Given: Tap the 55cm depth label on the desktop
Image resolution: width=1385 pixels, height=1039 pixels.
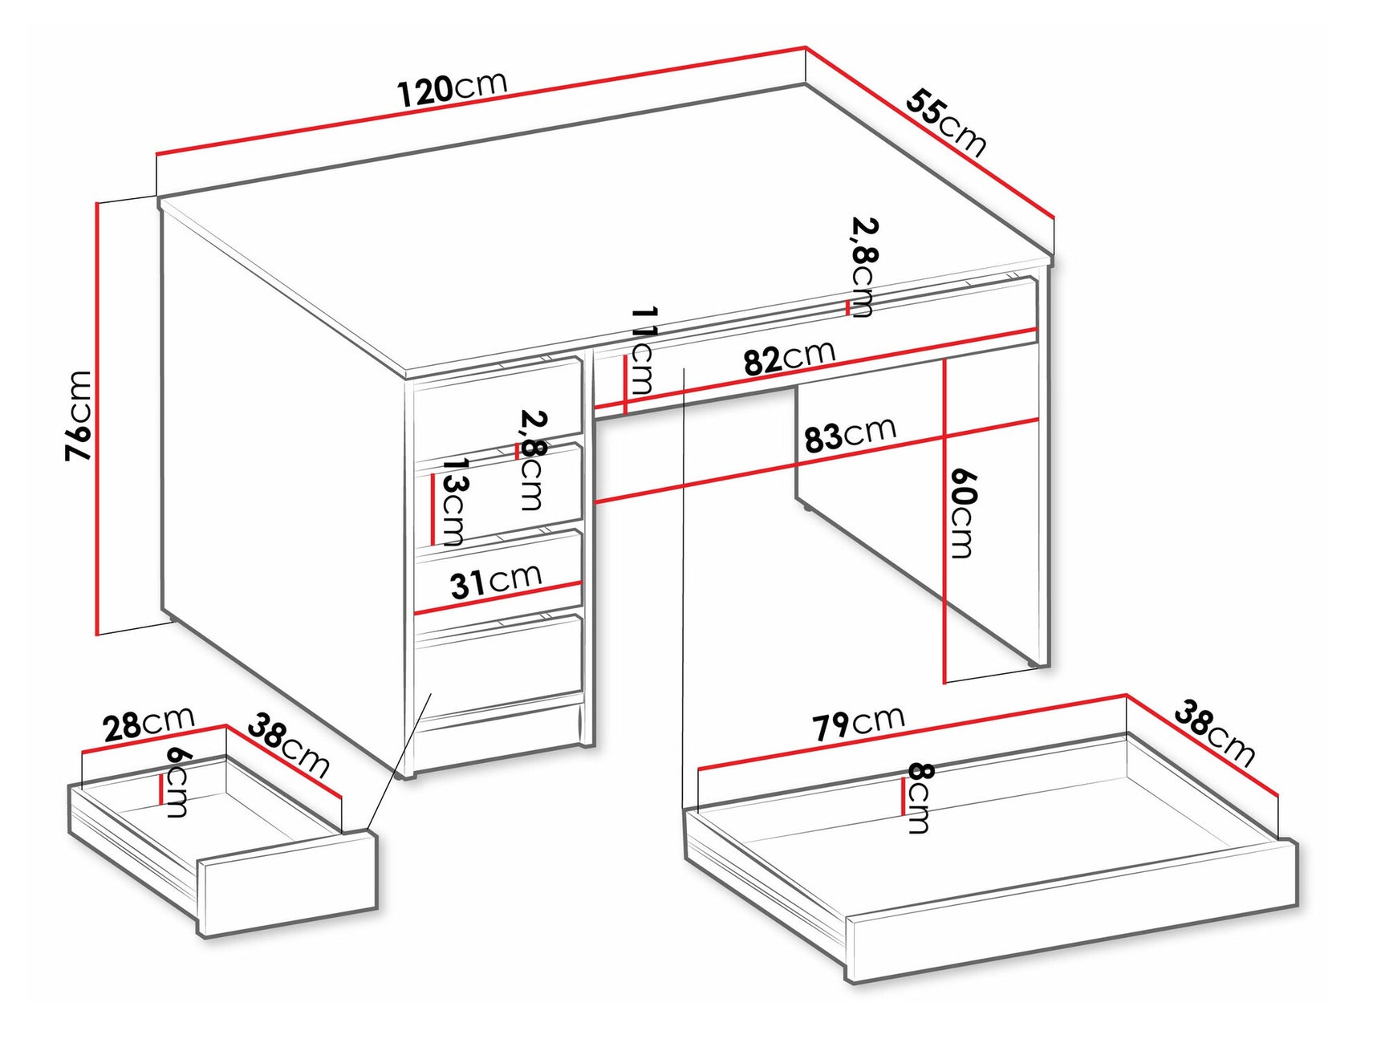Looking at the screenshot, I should [x=946, y=122].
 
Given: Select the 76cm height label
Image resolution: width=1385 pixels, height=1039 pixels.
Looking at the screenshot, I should [x=79, y=416].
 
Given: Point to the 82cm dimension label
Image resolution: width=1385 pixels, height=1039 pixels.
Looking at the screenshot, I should [x=789, y=358].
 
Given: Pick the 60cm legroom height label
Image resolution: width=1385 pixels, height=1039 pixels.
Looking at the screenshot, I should [x=962, y=513].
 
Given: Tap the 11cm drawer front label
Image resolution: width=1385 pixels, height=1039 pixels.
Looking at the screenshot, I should [x=642, y=350].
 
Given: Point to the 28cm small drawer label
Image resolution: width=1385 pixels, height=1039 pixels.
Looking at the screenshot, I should [x=148, y=724].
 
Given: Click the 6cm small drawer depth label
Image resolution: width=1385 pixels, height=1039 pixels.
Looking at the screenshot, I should [x=177, y=781].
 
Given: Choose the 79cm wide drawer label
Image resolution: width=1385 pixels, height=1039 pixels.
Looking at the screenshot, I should [x=859, y=722].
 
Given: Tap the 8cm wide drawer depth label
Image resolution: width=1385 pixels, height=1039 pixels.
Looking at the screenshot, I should [x=920, y=798].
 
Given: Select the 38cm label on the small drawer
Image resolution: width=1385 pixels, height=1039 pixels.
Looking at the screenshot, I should [x=288, y=745].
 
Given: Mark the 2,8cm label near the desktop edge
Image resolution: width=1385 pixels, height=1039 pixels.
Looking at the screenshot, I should [x=864, y=266].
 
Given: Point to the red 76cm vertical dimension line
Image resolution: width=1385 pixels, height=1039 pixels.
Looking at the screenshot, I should [x=97, y=417].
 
